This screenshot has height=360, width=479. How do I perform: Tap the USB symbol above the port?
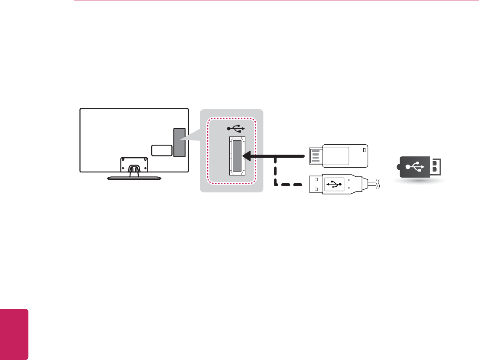(236, 128)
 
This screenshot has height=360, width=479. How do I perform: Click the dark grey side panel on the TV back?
(179, 142)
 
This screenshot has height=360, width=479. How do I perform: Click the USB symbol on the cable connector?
(334, 184)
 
